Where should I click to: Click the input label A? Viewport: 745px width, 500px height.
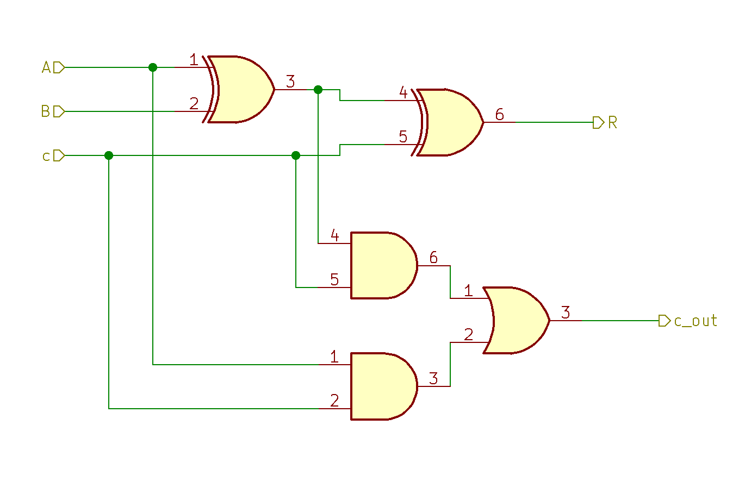click(x=46, y=67)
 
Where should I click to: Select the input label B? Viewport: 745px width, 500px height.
click(x=46, y=111)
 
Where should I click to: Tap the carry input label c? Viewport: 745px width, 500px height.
click(x=46, y=156)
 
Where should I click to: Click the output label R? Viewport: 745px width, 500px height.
click(x=612, y=122)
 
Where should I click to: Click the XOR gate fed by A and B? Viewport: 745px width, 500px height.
click(x=239, y=89)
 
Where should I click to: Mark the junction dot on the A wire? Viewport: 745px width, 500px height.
click(x=153, y=67)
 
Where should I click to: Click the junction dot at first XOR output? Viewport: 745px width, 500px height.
click(x=318, y=89)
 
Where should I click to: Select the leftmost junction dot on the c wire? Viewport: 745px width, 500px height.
click(x=109, y=155)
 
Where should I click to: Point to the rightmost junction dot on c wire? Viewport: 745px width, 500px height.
click(x=296, y=155)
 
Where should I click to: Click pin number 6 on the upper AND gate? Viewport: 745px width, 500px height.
click(x=433, y=257)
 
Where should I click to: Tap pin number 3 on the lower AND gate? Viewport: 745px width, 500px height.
click(x=433, y=378)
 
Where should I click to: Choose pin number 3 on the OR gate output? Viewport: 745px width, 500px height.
click(x=566, y=312)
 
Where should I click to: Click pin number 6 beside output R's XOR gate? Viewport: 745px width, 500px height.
click(x=499, y=115)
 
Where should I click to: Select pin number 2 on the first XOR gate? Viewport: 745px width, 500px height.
click(x=194, y=103)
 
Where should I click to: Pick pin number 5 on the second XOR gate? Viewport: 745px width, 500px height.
click(x=403, y=136)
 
